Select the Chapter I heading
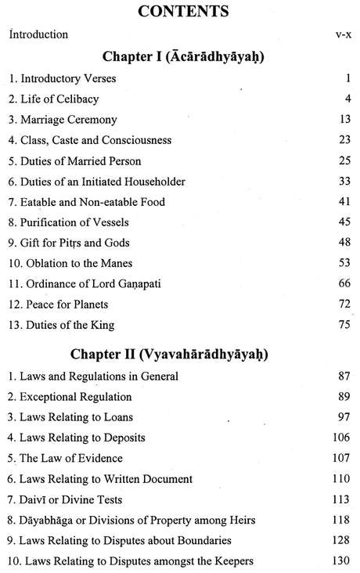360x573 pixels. click(181, 57)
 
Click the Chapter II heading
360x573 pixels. click(181, 353)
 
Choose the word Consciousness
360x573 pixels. click(157, 140)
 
